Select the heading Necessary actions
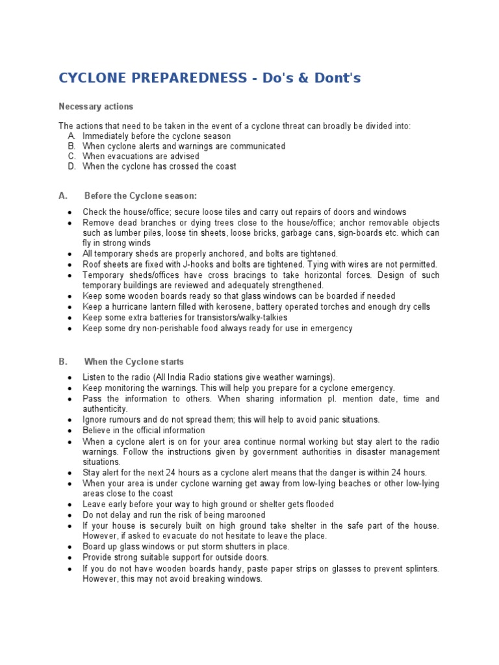[x=96, y=107]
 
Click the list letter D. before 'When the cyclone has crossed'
[x=71, y=167]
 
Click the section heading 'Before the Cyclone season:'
[x=140, y=195]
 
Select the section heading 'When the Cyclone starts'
[x=134, y=362]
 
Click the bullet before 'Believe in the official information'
[x=69, y=431]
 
